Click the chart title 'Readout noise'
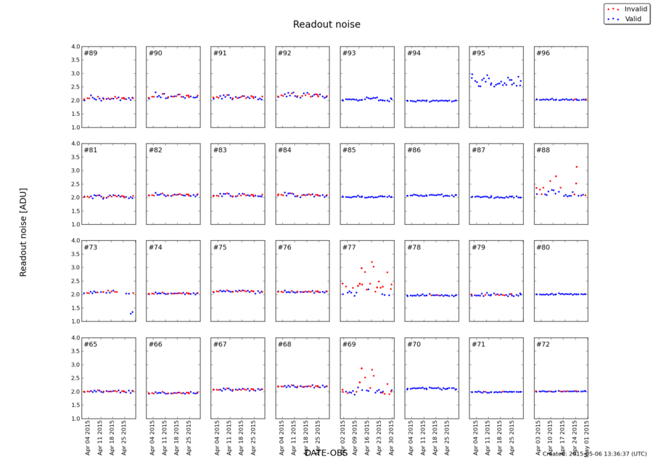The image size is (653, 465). pyautogui.click(x=326, y=25)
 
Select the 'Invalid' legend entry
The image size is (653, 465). pyautogui.click(x=631, y=8)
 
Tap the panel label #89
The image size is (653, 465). pyautogui.click(x=91, y=54)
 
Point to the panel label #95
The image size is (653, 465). pyautogui.click(x=478, y=54)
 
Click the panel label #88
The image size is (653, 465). pyautogui.click(x=543, y=150)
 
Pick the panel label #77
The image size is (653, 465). pyautogui.click(x=349, y=247)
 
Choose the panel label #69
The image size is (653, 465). pyautogui.click(x=349, y=345)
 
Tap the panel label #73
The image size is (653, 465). pyautogui.click(x=91, y=247)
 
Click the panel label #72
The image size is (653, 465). pyautogui.click(x=543, y=345)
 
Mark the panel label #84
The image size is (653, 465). pyautogui.click(x=284, y=150)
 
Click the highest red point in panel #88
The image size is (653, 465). pyautogui.click(x=577, y=167)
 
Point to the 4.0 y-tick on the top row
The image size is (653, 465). pyautogui.click(x=75, y=46)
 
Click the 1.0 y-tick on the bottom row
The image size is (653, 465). pyautogui.click(x=75, y=419)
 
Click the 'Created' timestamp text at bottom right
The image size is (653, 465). pyautogui.click(x=594, y=454)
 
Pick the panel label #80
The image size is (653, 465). pyautogui.click(x=543, y=247)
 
